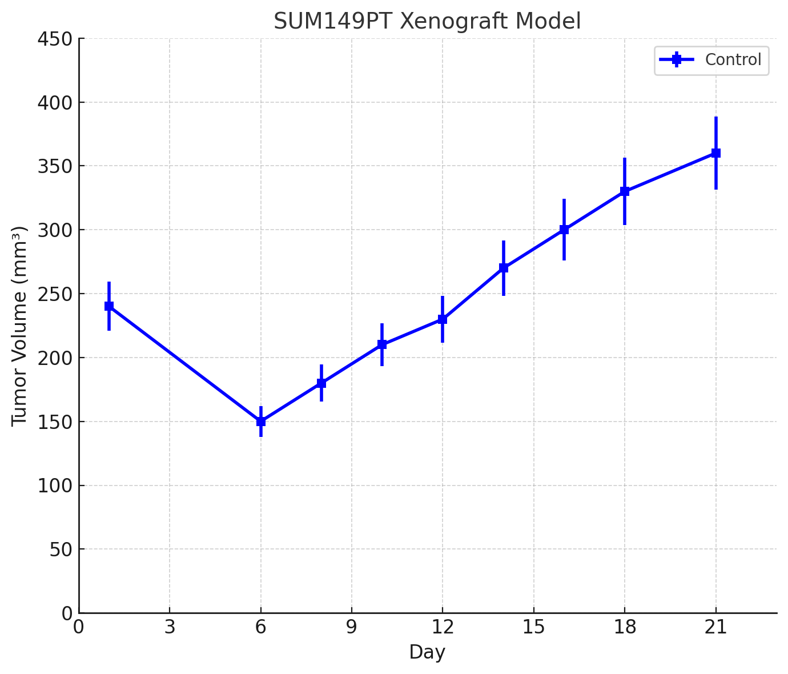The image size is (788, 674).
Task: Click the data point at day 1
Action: point(109,306)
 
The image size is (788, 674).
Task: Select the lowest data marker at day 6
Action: point(261,422)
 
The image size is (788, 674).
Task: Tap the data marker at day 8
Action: point(321,383)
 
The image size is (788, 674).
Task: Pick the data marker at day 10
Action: point(382,344)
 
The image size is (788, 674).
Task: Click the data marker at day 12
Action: point(443,319)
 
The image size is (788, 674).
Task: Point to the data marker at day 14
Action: point(504,268)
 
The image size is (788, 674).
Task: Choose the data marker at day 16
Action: point(564,230)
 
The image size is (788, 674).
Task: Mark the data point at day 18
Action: point(625,191)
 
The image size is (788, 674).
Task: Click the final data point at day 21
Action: point(716,153)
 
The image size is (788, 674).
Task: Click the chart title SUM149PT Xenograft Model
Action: point(427,22)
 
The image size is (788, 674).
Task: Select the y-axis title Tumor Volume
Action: point(20,326)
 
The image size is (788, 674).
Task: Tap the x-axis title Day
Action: point(427,652)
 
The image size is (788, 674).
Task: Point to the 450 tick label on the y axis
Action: point(55,39)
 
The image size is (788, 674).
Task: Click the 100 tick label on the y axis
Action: point(55,486)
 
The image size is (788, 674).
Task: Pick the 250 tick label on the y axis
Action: point(55,294)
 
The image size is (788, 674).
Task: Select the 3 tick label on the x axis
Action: point(170,627)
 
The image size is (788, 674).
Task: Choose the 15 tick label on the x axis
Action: point(534,627)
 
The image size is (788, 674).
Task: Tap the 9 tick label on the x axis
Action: point(352,627)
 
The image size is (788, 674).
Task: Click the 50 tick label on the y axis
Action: point(59,549)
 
